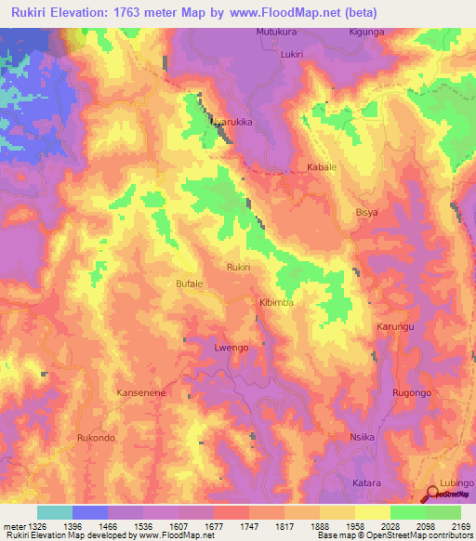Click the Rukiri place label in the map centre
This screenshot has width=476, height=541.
(239, 267)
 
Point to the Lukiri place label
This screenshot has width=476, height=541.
(292, 55)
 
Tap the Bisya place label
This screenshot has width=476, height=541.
(367, 212)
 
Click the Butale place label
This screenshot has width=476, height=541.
(189, 282)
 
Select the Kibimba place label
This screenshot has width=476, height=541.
(275, 303)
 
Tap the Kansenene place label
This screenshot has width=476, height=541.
(140, 393)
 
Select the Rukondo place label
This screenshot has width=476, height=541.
(96, 438)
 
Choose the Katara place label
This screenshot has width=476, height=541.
(366, 483)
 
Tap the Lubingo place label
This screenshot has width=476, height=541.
(456, 483)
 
